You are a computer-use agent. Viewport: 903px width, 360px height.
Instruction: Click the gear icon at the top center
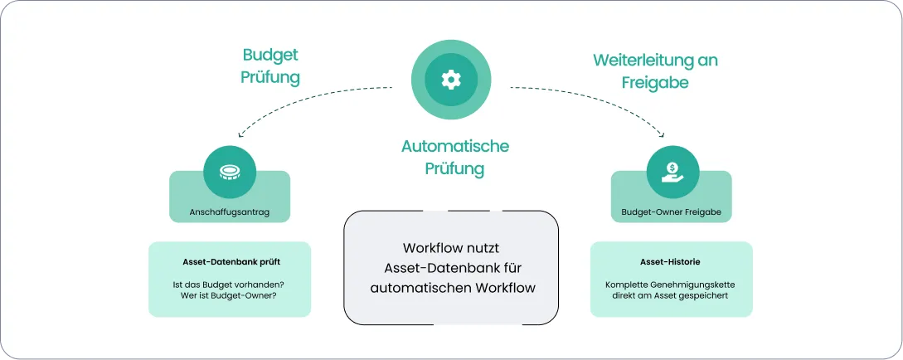pos(450,80)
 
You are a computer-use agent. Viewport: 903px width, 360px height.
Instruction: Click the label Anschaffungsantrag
pos(230,212)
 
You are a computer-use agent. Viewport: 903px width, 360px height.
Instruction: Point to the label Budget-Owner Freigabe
pos(671,212)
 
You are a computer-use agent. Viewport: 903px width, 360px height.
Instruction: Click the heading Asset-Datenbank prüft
pos(230,262)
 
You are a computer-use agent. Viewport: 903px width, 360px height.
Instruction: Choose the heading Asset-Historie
pos(671,262)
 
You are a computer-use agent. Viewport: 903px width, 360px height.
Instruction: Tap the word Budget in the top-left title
pos(269,55)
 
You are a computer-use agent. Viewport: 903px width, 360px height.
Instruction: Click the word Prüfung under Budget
pos(269,77)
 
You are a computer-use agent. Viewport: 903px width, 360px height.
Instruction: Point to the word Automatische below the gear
pos(454,146)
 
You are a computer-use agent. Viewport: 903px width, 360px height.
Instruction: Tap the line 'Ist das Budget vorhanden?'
pos(230,285)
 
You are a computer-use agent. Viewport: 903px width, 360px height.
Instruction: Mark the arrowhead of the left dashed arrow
pos(239,134)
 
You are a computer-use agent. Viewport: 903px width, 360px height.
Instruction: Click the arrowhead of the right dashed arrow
pos(663,134)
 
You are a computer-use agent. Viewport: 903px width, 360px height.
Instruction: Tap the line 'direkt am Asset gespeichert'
pos(671,296)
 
